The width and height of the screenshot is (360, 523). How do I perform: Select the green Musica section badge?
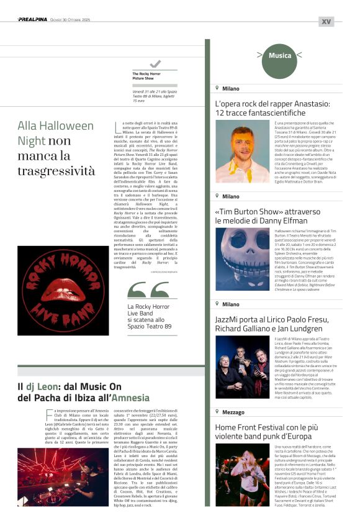(280, 56)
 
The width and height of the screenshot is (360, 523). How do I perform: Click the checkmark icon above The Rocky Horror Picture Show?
(155, 64)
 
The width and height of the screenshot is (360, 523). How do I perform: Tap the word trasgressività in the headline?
(56, 170)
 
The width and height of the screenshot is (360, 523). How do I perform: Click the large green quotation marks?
(147, 290)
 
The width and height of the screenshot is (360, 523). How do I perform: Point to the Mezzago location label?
(233, 412)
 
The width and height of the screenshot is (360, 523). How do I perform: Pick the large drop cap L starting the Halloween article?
(118, 126)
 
